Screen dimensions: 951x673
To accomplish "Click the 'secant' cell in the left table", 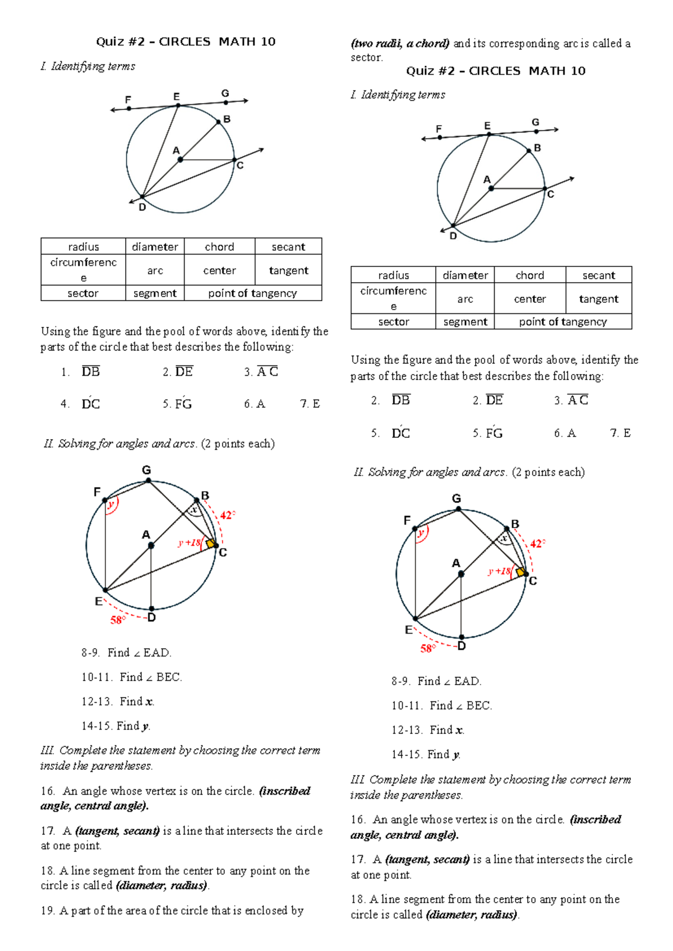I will [288, 247].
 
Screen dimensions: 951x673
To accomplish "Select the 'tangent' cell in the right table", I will [598, 299].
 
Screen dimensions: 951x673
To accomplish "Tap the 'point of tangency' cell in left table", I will [252, 293].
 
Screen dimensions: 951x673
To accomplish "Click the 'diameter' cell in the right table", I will [465, 275].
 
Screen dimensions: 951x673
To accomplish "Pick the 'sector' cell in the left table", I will [83, 293].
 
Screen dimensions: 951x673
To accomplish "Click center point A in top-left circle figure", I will [180, 160].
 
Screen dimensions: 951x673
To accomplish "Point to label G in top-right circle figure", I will [536, 122].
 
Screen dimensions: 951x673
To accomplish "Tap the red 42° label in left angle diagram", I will [227, 515].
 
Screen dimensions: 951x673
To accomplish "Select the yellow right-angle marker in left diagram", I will [210, 544].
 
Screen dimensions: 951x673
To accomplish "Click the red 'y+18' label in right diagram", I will [499, 571].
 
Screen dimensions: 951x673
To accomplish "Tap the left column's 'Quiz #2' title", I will [186, 41].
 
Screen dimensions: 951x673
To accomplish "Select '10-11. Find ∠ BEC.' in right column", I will [442, 705].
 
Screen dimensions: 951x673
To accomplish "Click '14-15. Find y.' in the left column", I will [116, 726].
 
